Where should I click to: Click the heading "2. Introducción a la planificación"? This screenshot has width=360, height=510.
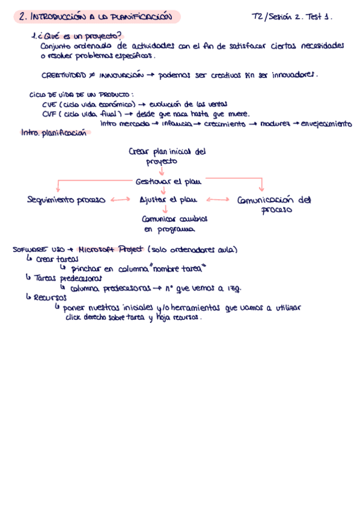pos(95,17)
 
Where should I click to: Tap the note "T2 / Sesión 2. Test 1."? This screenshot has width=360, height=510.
pos(292,17)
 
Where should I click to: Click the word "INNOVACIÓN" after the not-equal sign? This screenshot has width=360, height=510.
pos(122,76)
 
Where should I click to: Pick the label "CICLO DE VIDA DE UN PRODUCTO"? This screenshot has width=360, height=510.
pos(81,95)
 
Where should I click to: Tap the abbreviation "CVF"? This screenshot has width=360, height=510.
pos(50,114)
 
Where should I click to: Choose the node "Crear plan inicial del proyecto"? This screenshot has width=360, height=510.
pos(167,156)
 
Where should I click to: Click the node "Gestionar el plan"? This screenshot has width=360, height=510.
pos(168,180)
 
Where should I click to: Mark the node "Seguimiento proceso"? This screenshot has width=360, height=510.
pos(67,200)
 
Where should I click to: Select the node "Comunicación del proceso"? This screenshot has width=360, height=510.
pos(273,204)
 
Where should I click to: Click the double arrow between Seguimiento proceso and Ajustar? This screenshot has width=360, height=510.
pos(120,200)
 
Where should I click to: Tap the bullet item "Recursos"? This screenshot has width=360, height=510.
pos(50,297)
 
